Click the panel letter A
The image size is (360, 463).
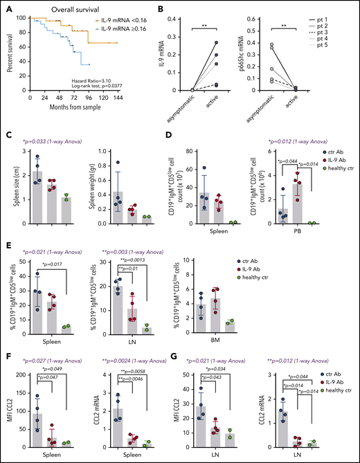pyautogui.click(x=6, y=6)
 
